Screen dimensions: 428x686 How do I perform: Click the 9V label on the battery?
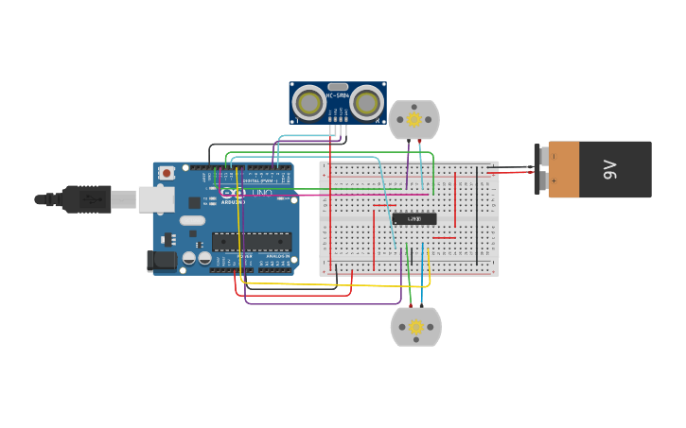(x=610, y=170)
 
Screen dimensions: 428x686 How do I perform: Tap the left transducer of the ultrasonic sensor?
(x=308, y=102)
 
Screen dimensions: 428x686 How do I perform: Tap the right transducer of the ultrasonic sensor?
(x=367, y=102)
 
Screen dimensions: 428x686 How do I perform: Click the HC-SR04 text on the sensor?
(x=338, y=95)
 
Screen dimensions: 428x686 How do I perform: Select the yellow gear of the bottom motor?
(x=415, y=327)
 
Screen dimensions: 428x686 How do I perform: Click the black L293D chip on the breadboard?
(x=414, y=219)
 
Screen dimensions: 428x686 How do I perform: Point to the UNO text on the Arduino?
(x=262, y=193)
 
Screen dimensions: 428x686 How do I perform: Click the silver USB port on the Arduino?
(x=156, y=198)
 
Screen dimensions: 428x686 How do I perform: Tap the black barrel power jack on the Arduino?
(x=163, y=260)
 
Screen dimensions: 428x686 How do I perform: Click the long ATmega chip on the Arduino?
(x=251, y=242)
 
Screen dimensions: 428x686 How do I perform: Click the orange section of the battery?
(x=564, y=170)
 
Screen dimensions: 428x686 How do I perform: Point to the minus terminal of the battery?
(x=539, y=156)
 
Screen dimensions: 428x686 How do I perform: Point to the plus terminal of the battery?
(x=539, y=180)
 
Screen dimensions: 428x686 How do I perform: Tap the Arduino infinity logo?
(x=233, y=193)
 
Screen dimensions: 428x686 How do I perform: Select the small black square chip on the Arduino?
(x=194, y=202)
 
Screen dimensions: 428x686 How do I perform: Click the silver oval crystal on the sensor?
(x=338, y=87)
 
